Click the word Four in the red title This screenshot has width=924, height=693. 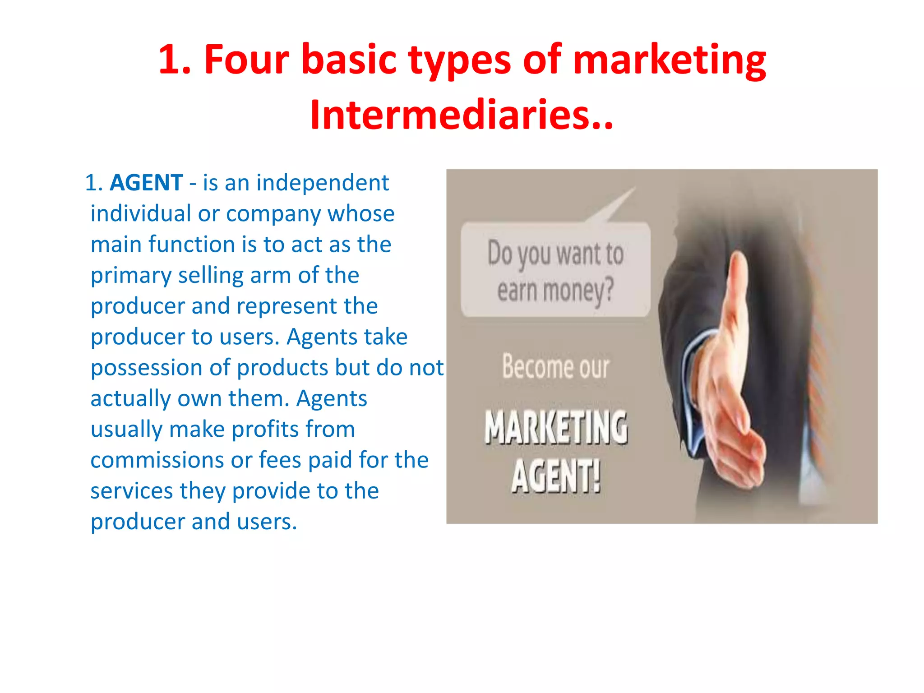(246, 60)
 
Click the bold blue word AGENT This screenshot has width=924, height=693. (147, 183)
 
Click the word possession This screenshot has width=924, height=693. (160, 368)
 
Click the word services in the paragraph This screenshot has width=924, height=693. (131, 491)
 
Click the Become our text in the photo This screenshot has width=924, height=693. (556, 367)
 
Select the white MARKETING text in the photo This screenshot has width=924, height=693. (556, 427)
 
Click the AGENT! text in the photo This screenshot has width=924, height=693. (556, 476)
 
